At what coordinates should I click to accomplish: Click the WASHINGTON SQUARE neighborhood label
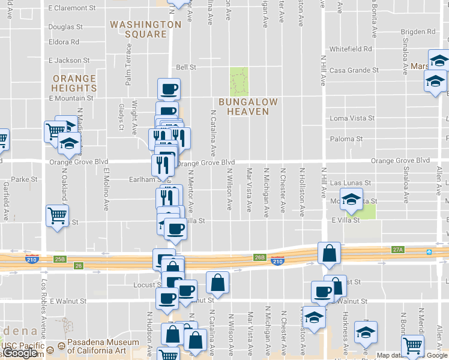(x=145, y=29)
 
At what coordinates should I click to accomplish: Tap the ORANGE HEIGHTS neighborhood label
(x=74, y=83)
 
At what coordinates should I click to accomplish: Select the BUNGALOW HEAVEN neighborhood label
(x=248, y=107)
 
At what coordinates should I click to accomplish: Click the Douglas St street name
(x=65, y=27)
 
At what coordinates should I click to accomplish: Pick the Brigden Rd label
(x=418, y=31)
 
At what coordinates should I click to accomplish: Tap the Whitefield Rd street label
(x=351, y=49)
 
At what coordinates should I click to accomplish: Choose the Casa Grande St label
(x=354, y=70)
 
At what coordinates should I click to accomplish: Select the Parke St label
(x=25, y=179)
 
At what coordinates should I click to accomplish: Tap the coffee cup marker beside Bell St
(x=169, y=89)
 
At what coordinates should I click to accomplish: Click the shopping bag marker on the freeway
(x=330, y=254)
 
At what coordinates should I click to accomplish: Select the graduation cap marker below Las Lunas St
(x=351, y=199)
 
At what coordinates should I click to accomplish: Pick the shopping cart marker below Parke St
(x=58, y=215)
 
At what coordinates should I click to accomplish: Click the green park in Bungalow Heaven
(x=239, y=80)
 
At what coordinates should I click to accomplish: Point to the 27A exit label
(x=397, y=250)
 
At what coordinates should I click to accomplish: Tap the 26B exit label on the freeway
(x=259, y=257)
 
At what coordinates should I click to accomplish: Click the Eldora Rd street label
(x=64, y=43)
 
